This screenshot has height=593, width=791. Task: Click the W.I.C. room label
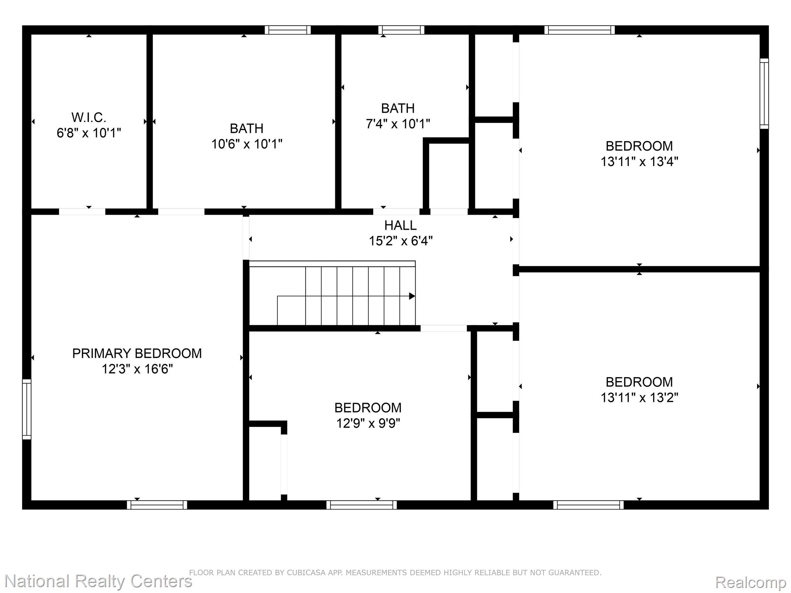[x=89, y=117]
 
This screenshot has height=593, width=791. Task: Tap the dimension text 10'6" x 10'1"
[x=247, y=144]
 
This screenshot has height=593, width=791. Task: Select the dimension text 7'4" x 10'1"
[x=398, y=124]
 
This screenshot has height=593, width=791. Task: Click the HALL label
[x=401, y=225]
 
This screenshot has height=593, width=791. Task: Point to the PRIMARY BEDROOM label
[x=137, y=353]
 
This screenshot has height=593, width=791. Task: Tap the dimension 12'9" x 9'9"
[x=368, y=424]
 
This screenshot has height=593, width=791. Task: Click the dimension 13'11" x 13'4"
[x=639, y=161]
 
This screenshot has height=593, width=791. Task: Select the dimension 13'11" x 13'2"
[x=639, y=397]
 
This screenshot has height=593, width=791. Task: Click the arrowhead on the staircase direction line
[x=412, y=296]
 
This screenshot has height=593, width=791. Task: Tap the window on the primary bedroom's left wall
[x=27, y=409]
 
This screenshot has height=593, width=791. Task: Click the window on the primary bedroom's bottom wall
[x=157, y=505]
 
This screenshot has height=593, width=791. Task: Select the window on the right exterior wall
[x=764, y=93]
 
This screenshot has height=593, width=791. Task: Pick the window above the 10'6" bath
[x=288, y=30]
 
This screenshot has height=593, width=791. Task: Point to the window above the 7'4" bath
[x=401, y=30]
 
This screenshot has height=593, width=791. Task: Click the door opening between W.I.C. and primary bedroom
[x=82, y=212]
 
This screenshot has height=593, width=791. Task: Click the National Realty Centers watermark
[x=98, y=581]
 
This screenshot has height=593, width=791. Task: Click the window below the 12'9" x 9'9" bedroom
[x=362, y=505]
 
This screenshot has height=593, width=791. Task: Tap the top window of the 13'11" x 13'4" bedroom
[x=580, y=30]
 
